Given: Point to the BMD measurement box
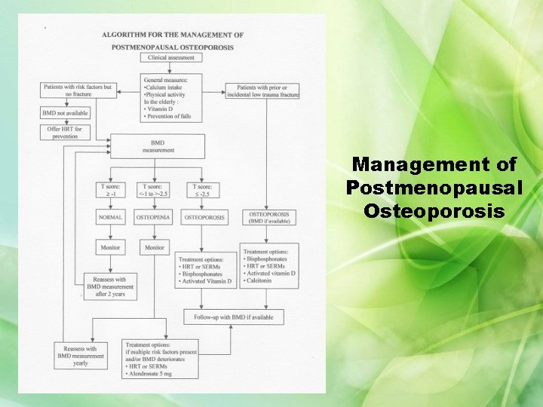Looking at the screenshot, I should (158, 146).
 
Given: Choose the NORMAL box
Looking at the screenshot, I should (111, 218).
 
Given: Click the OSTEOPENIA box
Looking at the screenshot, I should (154, 218).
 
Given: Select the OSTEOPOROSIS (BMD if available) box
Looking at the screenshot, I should (269, 217).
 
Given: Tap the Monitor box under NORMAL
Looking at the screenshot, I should (111, 248).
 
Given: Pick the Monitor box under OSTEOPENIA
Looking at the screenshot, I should (154, 248).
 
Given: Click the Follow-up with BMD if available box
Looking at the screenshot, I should (234, 317).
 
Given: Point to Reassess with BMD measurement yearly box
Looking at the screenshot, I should (80, 356).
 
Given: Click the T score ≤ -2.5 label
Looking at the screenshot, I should (202, 190).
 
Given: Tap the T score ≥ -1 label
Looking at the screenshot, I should (111, 190).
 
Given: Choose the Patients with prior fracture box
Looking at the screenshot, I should (268, 91).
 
